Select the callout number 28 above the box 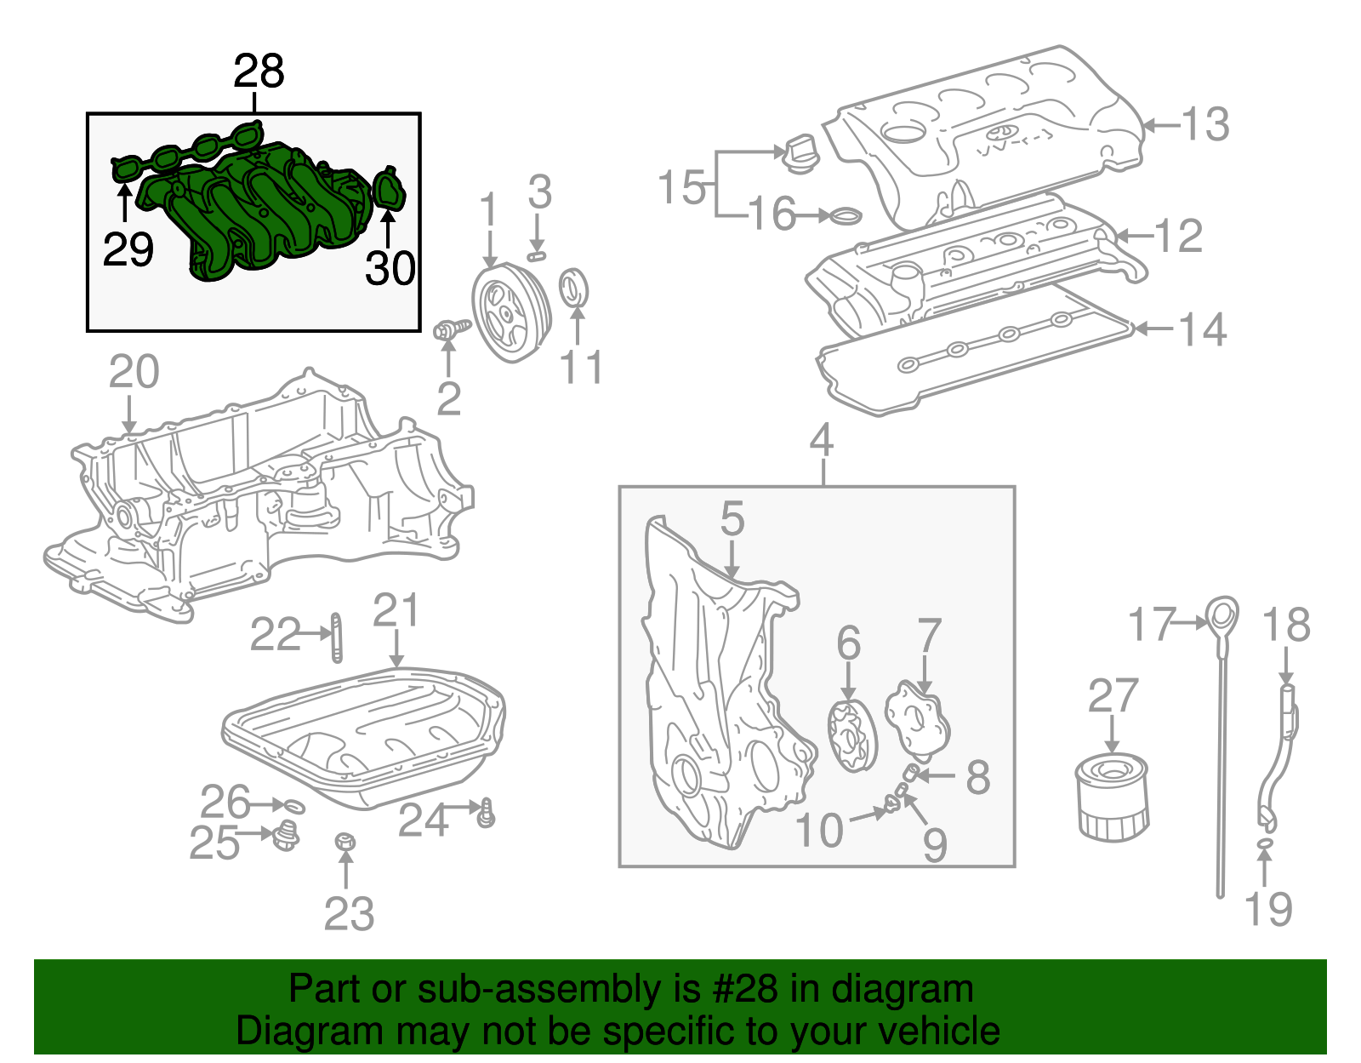(259, 71)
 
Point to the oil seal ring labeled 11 (575, 288)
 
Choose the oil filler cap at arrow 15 (800, 153)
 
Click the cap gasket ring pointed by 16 (844, 216)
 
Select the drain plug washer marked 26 (293, 805)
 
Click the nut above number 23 (345, 843)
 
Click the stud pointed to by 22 (336, 637)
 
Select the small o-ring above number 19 (1265, 843)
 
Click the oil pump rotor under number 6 (851, 737)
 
